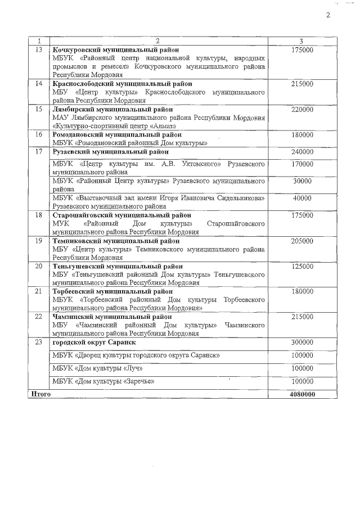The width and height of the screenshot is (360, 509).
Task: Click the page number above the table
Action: coord(328,15)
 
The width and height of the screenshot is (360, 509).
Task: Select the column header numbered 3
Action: coord(302,41)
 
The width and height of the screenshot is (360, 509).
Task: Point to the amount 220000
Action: coord(302,110)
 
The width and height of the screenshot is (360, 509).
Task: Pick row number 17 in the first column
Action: coord(39,152)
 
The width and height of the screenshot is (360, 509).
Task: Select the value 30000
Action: coord(302,181)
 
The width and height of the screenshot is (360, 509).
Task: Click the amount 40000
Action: coord(302,198)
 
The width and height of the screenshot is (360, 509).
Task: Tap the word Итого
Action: coord(41,394)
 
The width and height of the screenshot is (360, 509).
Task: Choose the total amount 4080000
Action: coord(302,394)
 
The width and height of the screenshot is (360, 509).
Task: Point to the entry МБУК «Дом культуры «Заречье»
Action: coord(103,381)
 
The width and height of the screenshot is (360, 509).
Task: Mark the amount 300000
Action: coord(302,342)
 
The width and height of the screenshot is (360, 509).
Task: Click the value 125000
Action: coord(302,266)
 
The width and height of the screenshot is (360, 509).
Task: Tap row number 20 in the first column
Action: coord(39,266)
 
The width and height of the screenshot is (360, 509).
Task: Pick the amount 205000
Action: coord(302,241)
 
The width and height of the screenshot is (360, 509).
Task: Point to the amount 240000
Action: coord(302,152)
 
